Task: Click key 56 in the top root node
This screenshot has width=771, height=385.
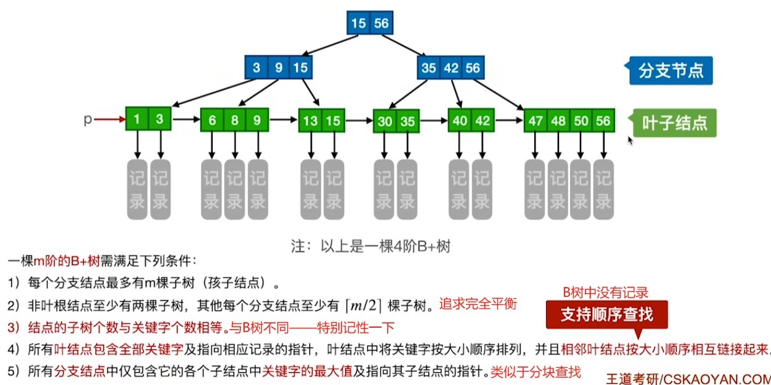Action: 381,23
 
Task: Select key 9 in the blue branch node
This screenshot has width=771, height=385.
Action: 279,68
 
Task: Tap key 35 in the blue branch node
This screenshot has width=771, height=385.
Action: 429,68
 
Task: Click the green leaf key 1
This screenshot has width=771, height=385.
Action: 137,120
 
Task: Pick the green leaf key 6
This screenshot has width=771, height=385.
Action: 212,120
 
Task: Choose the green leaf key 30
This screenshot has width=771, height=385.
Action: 385,121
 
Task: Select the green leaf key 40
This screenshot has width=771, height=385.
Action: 460,121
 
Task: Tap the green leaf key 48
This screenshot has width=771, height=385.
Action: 558,121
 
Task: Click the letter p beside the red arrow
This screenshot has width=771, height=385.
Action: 88,120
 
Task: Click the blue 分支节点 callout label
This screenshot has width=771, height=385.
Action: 671,71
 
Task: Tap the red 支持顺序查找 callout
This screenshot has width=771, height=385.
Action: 606,314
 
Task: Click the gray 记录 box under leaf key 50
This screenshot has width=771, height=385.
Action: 581,189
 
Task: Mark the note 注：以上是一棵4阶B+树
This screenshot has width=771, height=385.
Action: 370,246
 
